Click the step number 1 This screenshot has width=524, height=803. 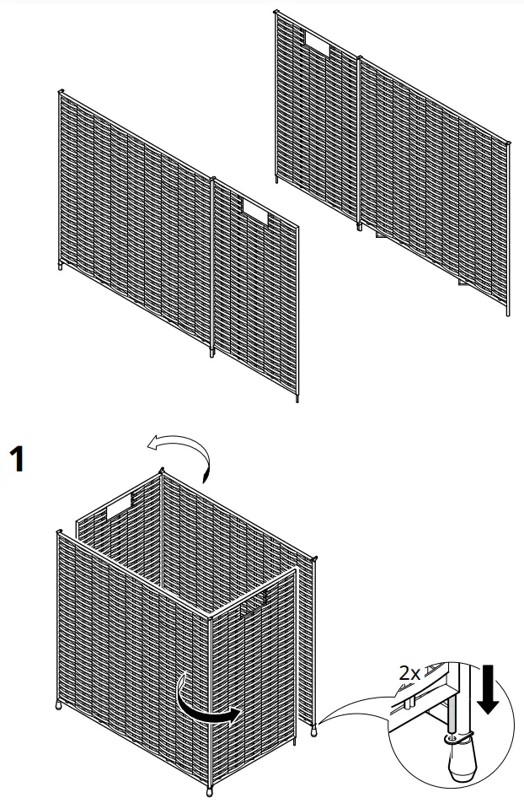pyautogui.click(x=17, y=460)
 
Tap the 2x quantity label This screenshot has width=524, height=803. pyautogui.click(x=409, y=673)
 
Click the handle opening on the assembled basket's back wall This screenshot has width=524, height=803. pyautogui.click(x=119, y=506)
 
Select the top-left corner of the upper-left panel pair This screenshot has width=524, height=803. pyautogui.click(x=61, y=91)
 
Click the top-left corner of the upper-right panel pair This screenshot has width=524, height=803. pyautogui.click(x=275, y=12)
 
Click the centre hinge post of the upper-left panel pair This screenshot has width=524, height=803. pyautogui.click(x=212, y=261)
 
